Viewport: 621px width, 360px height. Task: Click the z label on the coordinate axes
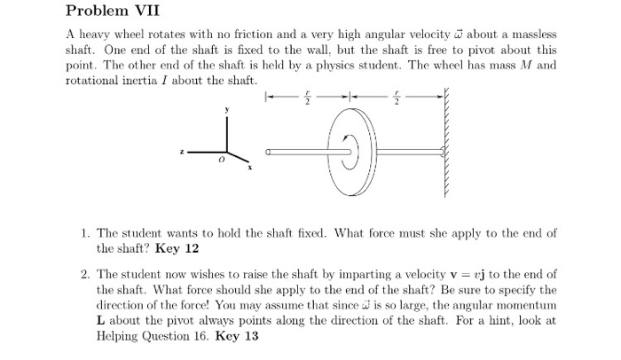(x=183, y=153)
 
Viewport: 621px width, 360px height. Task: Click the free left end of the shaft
(x=269, y=153)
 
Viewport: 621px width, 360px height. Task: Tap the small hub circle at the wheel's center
(x=352, y=153)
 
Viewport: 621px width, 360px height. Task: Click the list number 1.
(x=83, y=233)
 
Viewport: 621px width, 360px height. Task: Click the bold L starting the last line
(x=100, y=322)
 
